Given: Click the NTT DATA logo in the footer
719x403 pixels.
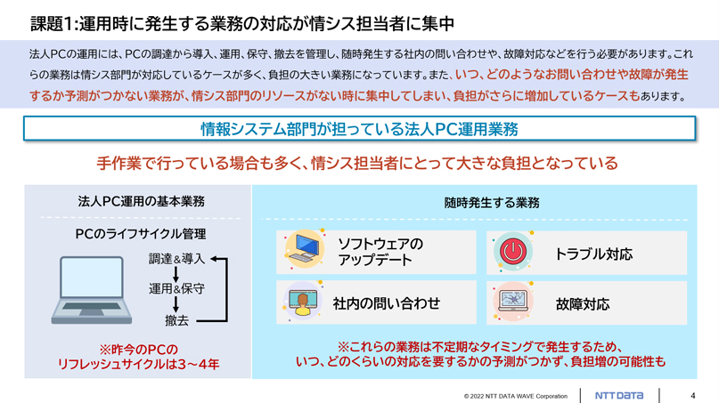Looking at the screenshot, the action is pos(618,395).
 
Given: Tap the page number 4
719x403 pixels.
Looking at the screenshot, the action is pos(693,396).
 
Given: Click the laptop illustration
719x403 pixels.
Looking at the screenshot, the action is pos(92,290).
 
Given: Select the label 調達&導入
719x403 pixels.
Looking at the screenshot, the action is pos(176,259).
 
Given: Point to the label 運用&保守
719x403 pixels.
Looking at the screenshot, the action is pos(176,288).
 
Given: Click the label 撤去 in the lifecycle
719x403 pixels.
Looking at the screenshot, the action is pos(177,320).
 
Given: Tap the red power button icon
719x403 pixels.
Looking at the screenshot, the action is pos(513,252).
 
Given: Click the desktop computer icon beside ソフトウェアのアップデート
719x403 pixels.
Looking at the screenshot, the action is pos(306,250).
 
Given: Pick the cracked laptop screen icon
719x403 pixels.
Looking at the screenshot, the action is pos(513,302).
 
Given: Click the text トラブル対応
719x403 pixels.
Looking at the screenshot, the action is pos(593,254).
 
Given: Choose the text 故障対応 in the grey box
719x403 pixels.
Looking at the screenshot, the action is pos(583,304).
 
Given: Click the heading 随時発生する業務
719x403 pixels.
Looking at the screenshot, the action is pos(492,203).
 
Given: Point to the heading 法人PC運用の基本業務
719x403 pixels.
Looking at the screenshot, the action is pos(142,201).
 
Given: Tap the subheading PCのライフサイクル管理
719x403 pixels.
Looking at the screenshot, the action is pos(141,234).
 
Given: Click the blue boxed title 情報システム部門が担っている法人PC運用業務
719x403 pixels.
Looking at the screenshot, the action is pos(360,129).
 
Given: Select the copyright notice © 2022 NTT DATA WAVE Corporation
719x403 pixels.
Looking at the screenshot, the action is pos(515,396).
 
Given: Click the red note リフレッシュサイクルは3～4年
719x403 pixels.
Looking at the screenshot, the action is pos(138,365).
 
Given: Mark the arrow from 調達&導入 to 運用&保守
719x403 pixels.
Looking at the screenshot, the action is pos(176,274).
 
